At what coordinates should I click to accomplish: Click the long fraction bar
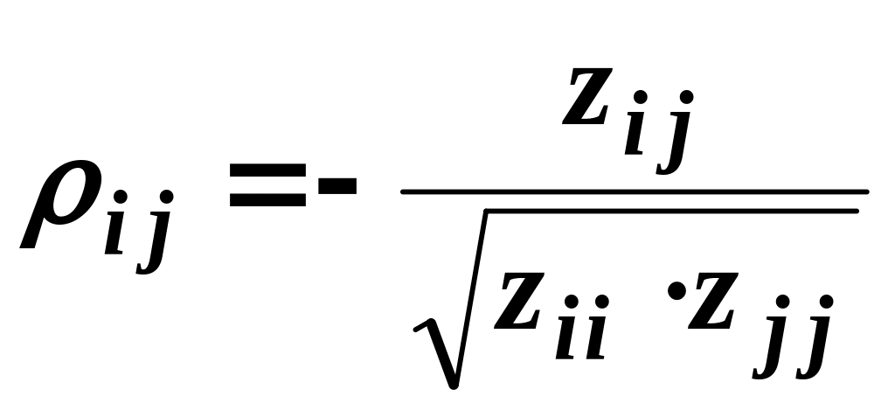click(634, 191)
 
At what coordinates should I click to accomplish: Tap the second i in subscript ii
click(598, 335)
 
